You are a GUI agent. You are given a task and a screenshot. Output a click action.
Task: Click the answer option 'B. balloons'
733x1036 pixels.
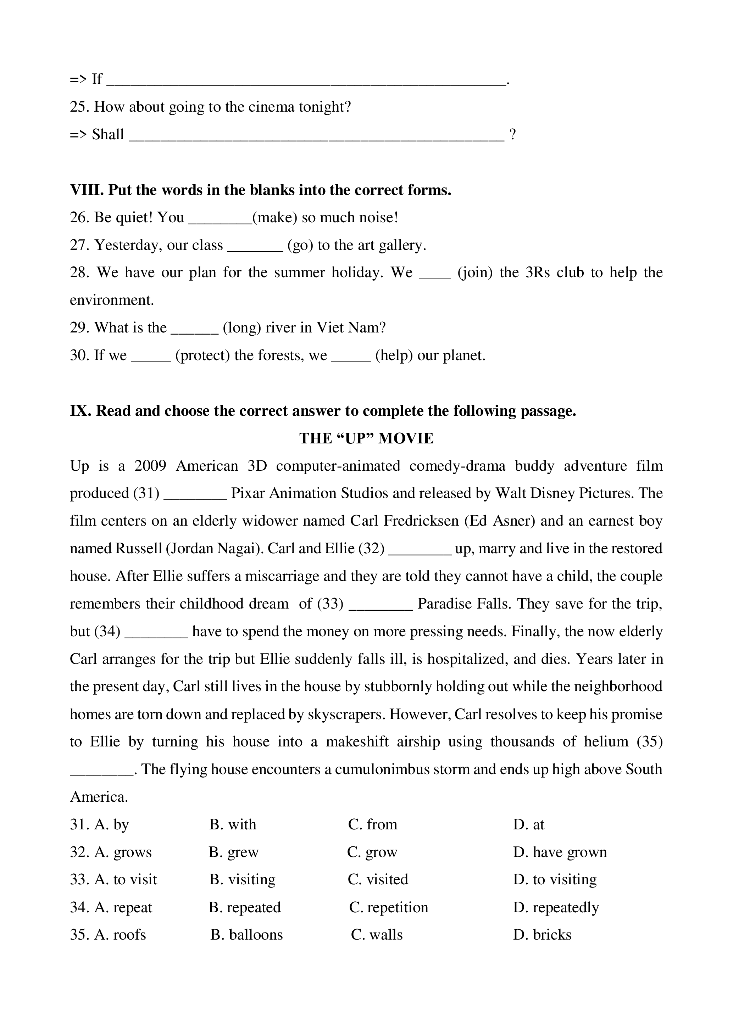click(x=246, y=935)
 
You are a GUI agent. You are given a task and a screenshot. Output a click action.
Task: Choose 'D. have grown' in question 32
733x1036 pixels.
click(x=560, y=852)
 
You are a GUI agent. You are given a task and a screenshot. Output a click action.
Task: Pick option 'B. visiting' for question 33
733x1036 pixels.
click(x=242, y=879)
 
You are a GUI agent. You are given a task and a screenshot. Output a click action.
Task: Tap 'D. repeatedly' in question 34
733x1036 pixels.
click(x=556, y=907)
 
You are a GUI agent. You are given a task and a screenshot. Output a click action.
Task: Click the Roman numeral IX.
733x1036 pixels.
click(x=81, y=411)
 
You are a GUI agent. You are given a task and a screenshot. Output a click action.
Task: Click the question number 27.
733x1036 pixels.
click(x=79, y=245)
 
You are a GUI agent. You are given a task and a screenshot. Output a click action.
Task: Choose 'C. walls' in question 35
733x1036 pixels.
click(x=377, y=935)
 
